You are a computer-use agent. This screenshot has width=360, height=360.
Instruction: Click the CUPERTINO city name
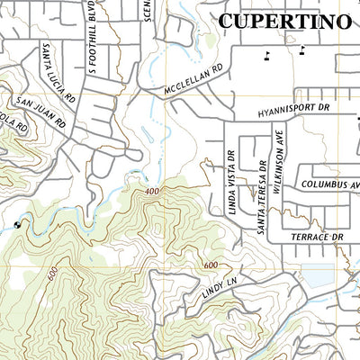tap(285, 22)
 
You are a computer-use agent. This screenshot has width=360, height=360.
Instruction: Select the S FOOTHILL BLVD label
tap(91, 40)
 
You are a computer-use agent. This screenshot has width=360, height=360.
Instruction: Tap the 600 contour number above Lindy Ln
tap(211, 265)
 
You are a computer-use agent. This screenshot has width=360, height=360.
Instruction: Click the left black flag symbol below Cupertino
tap(265, 55)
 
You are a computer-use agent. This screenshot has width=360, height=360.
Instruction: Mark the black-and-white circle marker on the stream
tap(18, 225)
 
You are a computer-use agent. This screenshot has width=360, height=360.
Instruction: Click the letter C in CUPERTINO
tap(228, 22)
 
